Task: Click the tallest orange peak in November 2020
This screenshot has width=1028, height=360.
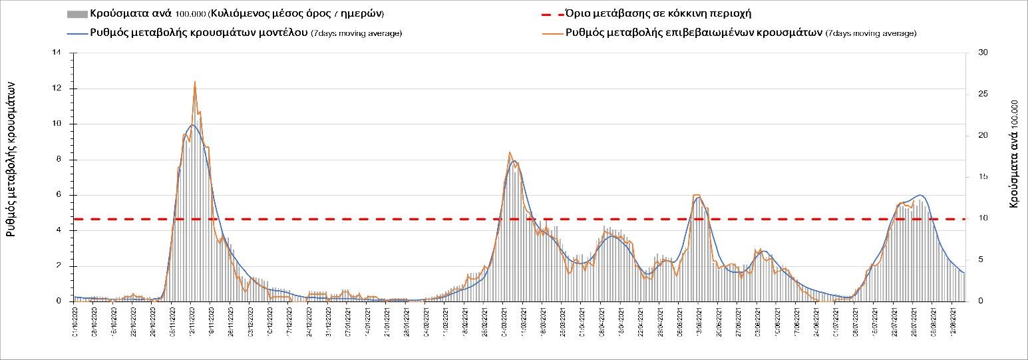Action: [194, 82]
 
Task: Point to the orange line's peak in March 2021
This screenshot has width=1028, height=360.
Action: [510, 152]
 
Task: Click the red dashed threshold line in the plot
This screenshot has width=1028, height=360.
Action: [399, 218]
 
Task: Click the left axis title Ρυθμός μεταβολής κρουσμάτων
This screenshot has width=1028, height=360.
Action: [11, 160]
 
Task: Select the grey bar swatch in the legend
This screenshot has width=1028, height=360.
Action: [77, 14]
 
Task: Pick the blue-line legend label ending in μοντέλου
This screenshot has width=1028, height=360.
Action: [199, 33]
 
